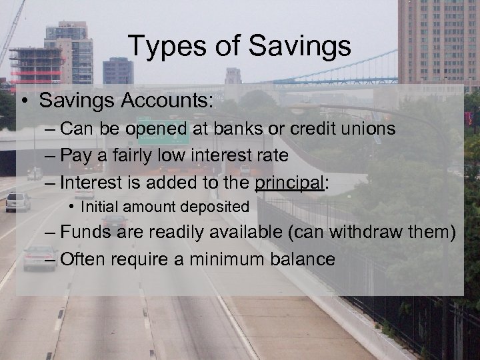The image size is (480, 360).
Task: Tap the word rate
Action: [x=272, y=156]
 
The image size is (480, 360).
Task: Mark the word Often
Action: [x=83, y=259]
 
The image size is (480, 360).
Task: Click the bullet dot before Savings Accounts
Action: [x=23, y=102]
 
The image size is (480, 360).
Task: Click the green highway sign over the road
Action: [x=162, y=131]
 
